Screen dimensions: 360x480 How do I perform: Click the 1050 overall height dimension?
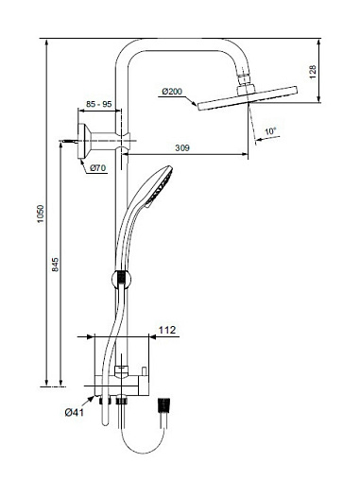tap(41, 214)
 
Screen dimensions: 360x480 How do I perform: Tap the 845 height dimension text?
tap(55, 265)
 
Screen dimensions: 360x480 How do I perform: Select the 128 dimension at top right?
tap(313, 72)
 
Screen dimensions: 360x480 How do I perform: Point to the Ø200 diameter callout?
tap(172, 92)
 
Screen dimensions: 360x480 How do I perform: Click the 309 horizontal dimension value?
tap(182, 147)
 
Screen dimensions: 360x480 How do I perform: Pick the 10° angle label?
tap(270, 131)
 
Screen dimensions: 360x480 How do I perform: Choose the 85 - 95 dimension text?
tap(99, 104)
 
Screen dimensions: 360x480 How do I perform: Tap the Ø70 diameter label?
tap(97, 168)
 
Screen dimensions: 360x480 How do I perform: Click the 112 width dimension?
tap(167, 330)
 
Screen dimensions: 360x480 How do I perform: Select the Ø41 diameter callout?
tap(75, 412)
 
